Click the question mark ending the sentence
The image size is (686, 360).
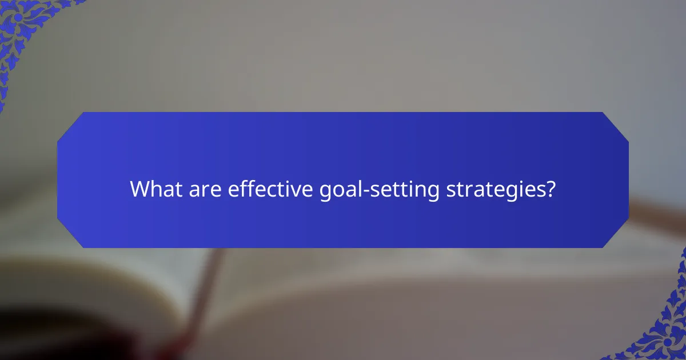(551, 189)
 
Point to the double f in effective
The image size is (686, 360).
(245, 189)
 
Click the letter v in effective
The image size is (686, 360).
(294, 191)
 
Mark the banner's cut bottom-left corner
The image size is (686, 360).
(70, 235)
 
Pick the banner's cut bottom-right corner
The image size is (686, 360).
(616, 235)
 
